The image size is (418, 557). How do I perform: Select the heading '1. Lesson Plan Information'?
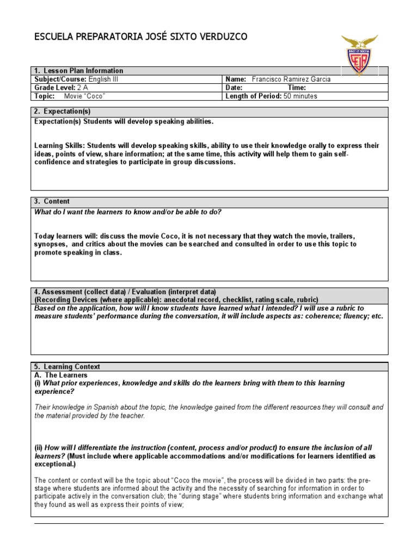78,71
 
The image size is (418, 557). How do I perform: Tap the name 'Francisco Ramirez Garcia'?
291,79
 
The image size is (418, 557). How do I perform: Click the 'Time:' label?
297,88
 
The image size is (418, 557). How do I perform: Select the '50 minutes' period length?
300,96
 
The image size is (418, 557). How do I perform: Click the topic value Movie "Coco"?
84,96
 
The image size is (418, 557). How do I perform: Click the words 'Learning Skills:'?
59,146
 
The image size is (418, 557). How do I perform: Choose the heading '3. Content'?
52,201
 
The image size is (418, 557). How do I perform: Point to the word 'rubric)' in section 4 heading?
308,300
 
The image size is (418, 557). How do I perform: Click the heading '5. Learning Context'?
67,367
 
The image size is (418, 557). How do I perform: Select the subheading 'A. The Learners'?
60,375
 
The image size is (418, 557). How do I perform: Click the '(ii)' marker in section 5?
38,448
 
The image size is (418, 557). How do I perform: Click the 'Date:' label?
234,88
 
